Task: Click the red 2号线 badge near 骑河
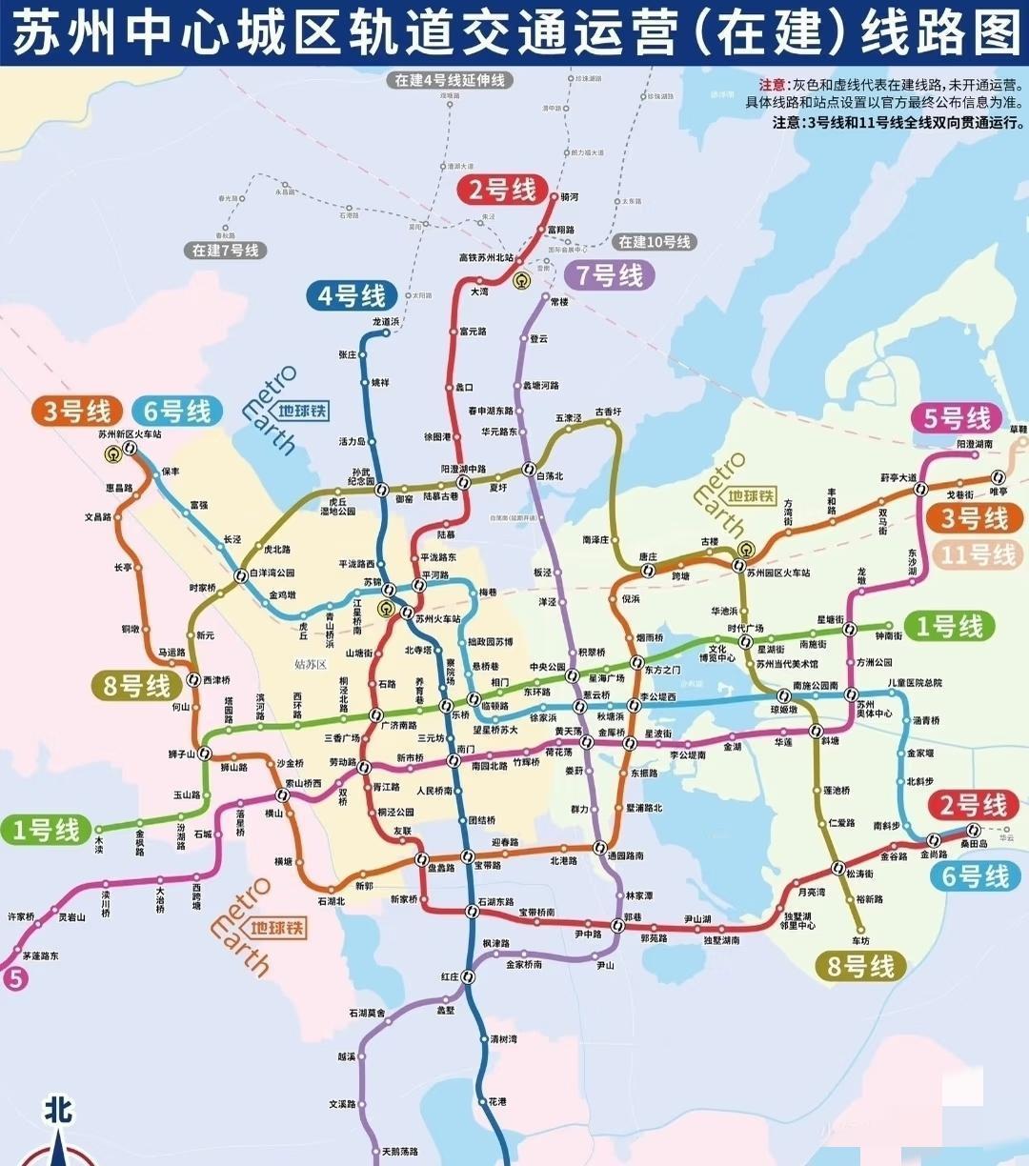click(x=501, y=191)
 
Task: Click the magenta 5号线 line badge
click(x=957, y=418)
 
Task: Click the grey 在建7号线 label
click(x=225, y=251)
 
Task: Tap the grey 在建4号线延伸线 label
click(x=450, y=81)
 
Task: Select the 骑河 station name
click(x=570, y=197)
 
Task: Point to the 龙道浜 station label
click(x=386, y=322)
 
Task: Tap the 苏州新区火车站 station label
click(x=130, y=434)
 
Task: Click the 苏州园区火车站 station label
click(x=777, y=573)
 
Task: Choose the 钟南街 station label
click(x=888, y=635)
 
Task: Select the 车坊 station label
click(x=860, y=941)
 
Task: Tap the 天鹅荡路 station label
click(x=399, y=1152)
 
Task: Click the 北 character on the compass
click(x=58, y=1110)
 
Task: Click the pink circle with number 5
click(x=13, y=977)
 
